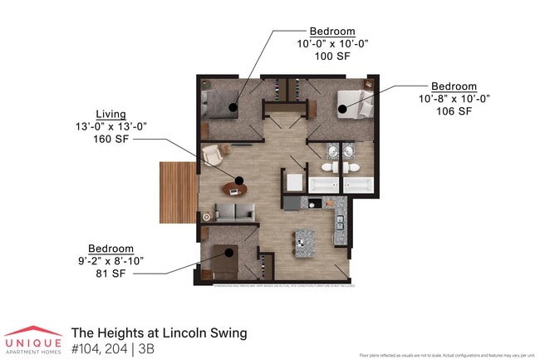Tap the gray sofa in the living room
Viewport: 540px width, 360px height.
[234, 213]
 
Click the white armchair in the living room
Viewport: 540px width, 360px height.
[213, 155]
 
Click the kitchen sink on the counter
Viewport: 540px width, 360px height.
[339, 221]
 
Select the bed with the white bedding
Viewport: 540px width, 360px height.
[352, 106]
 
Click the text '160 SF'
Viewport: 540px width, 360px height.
[112, 139]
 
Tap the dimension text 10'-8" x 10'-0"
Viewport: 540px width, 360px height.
[454, 98]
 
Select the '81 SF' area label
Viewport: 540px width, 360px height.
[110, 274]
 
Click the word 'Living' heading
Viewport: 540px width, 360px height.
[111, 113]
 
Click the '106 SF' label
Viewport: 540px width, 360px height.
[454, 111]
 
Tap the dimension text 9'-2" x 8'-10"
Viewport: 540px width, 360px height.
[110, 261]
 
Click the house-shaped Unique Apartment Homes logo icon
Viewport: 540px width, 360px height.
[33, 331]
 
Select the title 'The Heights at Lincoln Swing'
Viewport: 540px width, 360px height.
[159, 333]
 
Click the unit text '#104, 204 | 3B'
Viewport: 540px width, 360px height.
[112, 348]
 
